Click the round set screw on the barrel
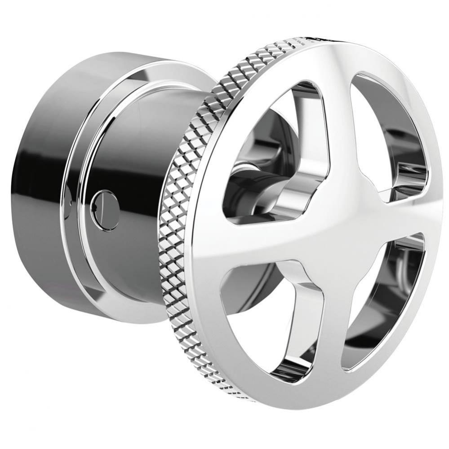tap(105, 210)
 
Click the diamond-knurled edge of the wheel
tap(189, 224)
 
